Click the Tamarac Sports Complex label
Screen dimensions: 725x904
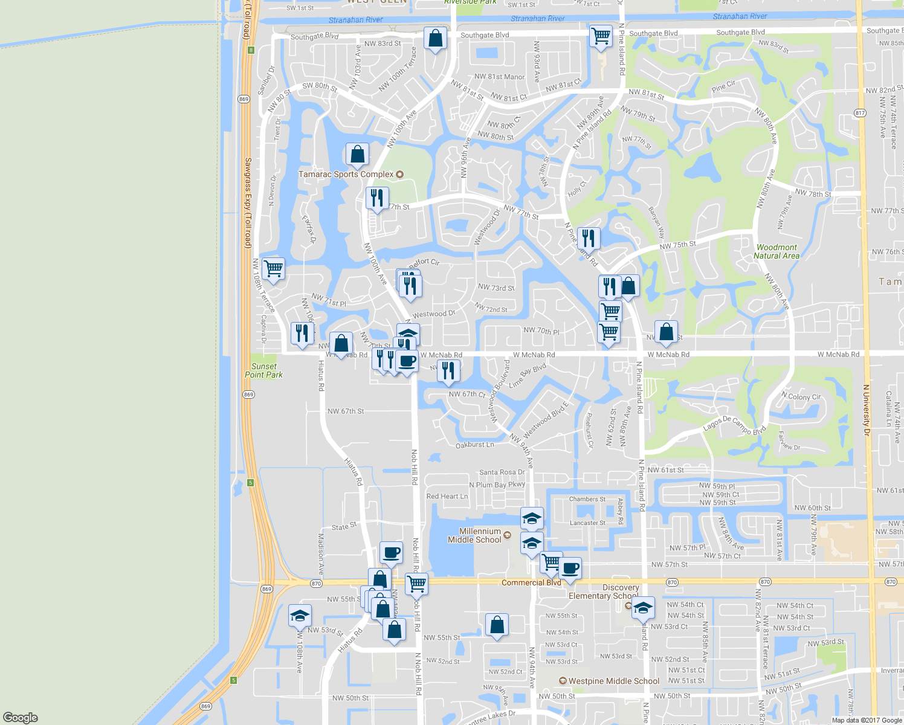[x=346, y=174]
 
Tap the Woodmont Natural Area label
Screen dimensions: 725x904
[x=776, y=251]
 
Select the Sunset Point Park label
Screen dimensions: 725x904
[x=263, y=370]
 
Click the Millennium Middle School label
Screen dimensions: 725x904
[x=474, y=535]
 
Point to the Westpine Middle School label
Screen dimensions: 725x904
[x=614, y=681]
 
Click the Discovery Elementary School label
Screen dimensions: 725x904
[x=604, y=591]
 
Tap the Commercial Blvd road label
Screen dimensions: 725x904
[x=531, y=582]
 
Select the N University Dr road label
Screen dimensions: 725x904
[x=867, y=411]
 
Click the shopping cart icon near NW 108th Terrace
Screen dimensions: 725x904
[x=273, y=268]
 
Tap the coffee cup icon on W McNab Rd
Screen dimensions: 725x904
[x=407, y=362]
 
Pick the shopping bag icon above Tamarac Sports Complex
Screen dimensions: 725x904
[x=357, y=154]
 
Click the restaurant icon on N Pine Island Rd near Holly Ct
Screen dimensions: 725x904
[x=588, y=238]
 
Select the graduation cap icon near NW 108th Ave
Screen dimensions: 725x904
[x=300, y=616]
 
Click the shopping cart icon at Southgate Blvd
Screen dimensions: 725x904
[x=600, y=36]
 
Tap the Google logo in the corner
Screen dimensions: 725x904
[x=21, y=717]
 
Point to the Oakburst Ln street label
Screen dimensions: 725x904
[x=474, y=445]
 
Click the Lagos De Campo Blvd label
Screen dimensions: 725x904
[x=734, y=424]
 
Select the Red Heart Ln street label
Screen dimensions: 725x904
[x=447, y=496]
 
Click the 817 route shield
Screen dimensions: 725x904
[x=860, y=113]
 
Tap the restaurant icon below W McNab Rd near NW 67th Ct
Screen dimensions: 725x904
[x=448, y=370]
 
